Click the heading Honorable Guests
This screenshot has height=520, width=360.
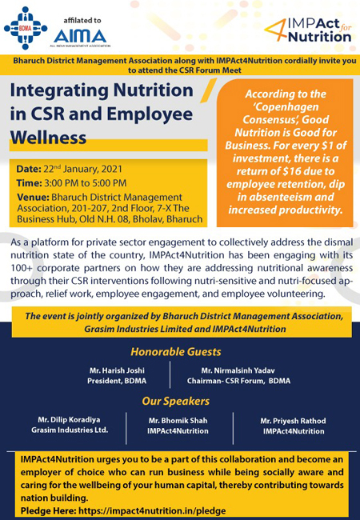tap(180, 350)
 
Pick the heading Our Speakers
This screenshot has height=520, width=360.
tap(175, 401)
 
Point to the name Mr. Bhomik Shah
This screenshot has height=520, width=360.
tap(178, 420)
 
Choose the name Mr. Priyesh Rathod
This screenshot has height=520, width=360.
tap(294, 420)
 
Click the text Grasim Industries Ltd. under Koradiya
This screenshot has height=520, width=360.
tap(70, 430)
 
